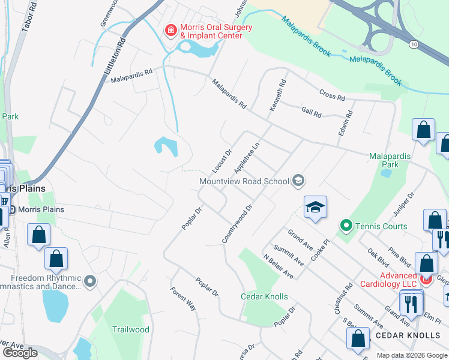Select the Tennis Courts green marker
(x=346, y=226)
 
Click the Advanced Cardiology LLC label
(x=388, y=278)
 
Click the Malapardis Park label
(x=390, y=160)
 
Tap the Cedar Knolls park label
(x=264, y=296)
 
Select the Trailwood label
(x=130, y=329)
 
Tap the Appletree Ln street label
(x=247, y=158)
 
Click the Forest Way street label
(x=184, y=299)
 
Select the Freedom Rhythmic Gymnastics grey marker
(x=90, y=280)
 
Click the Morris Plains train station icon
(x=12, y=209)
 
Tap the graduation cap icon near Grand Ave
(x=315, y=208)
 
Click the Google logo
(x=20, y=352)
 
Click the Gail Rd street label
(x=312, y=112)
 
